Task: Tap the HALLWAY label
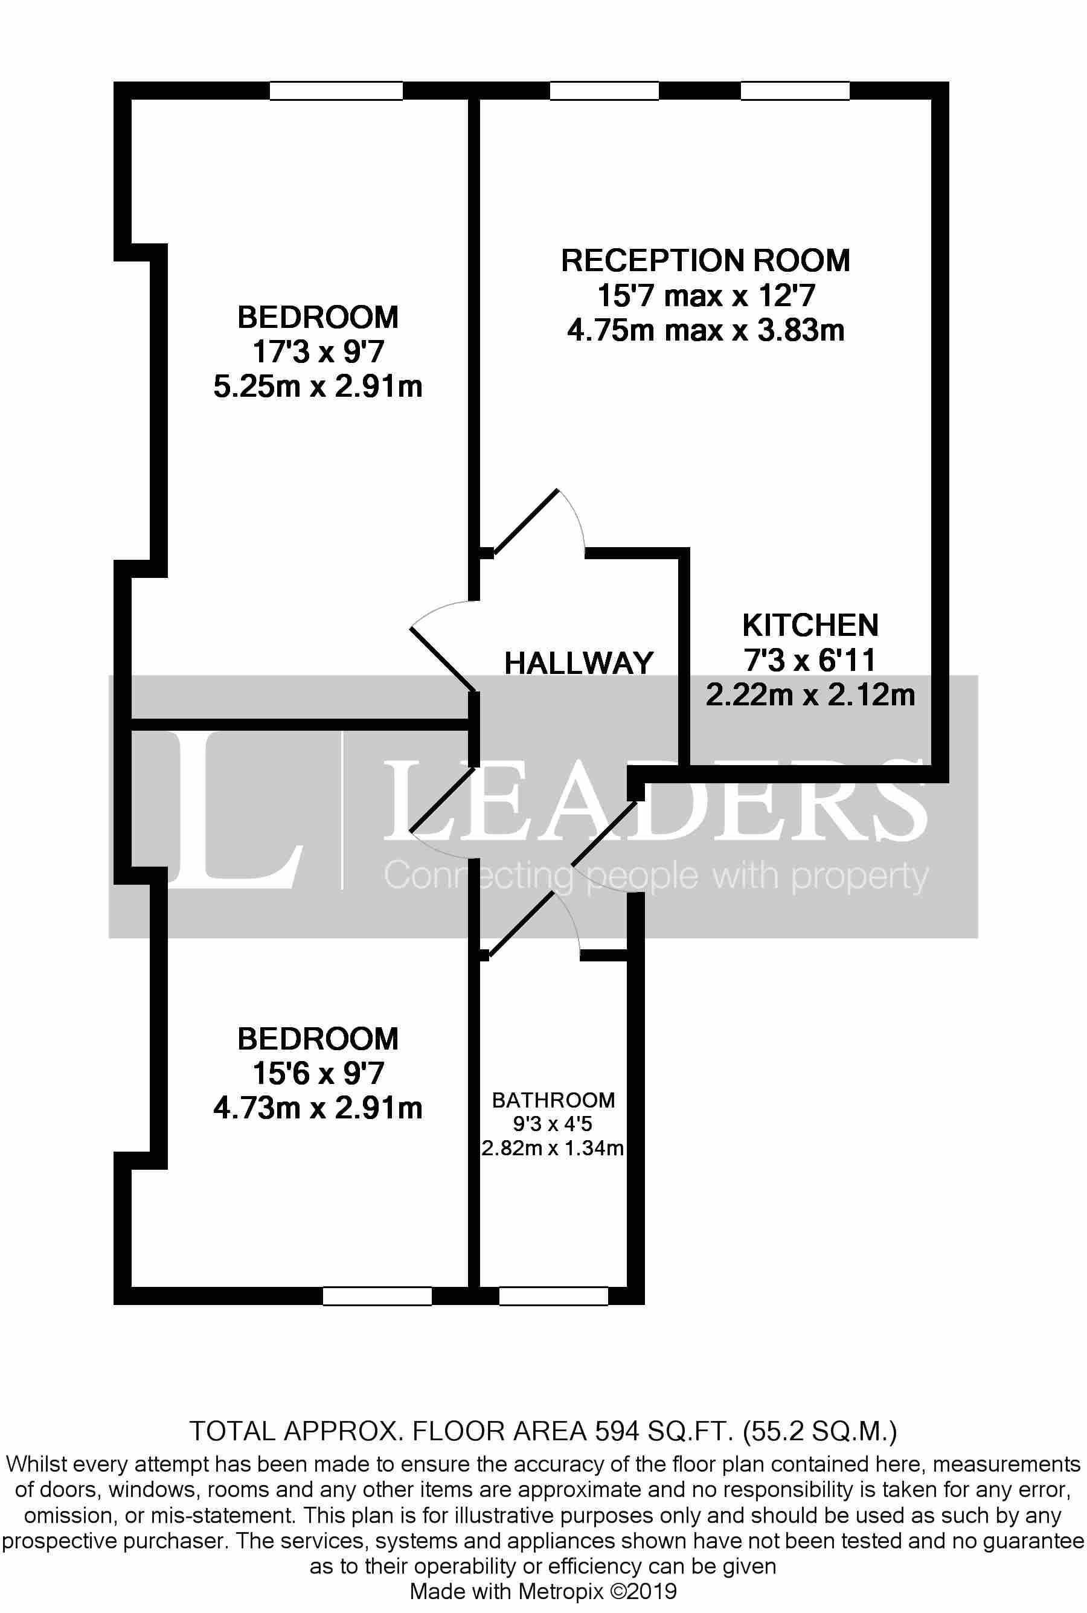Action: tap(579, 663)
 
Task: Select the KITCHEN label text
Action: tap(810, 625)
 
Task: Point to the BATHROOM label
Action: tap(553, 1100)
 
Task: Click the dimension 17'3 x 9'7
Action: tap(318, 352)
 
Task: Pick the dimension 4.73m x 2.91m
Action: tap(318, 1108)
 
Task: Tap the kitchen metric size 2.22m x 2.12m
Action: tap(810, 694)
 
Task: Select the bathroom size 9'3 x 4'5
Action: tap(553, 1124)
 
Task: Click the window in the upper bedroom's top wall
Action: tap(336, 91)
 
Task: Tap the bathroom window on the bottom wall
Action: tap(553, 1296)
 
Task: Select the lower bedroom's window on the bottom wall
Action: tap(377, 1296)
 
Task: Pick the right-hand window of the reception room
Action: tap(795, 91)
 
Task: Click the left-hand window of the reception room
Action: tap(604, 91)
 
